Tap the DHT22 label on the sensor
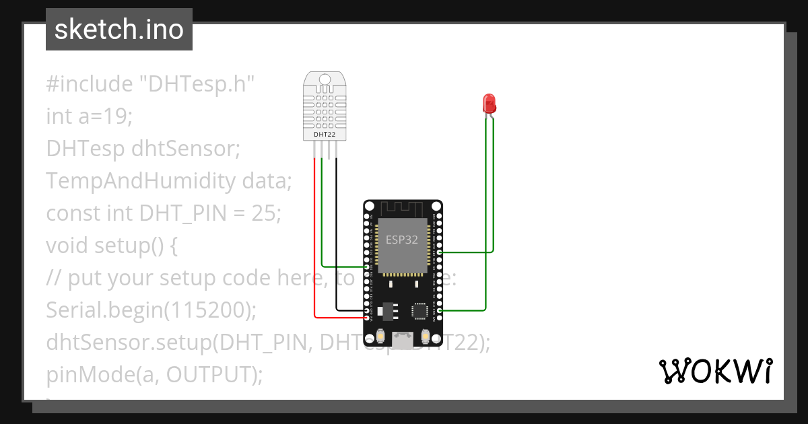coord(325,135)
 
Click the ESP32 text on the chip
coord(402,239)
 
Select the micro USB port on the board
coord(403,339)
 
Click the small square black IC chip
coord(420,310)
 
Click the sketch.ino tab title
coord(119,30)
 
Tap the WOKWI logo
coord(715,372)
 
